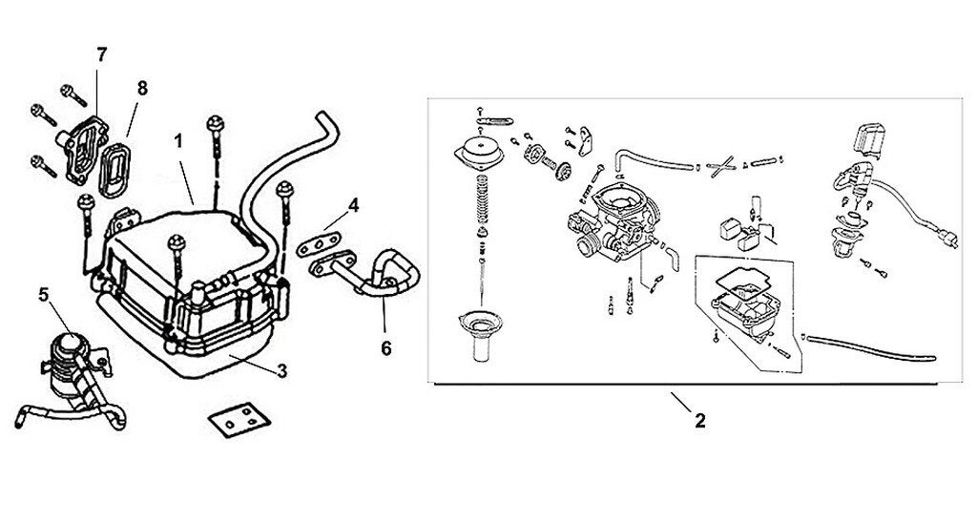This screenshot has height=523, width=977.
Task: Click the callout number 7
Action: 102,55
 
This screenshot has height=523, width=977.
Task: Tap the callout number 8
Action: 142,88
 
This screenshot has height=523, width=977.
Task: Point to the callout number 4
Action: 353,205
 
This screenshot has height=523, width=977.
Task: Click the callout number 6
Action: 386,349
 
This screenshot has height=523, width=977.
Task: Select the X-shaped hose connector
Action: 725,165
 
